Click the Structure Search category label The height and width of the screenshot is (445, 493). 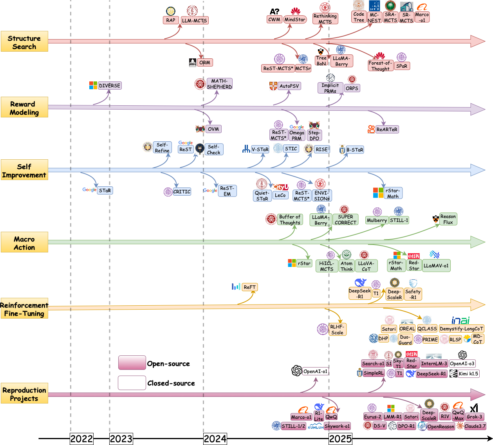pyautogui.click(x=24, y=41)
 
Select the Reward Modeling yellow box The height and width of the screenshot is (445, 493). pyautogui.click(x=24, y=107)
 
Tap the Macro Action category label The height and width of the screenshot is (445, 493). pyautogui.click(x=24, y=242)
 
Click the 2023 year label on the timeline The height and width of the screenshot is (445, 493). pyautogui.click(x=121, y=439)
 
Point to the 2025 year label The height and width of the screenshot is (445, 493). pyautogui.click(x=340, y=439)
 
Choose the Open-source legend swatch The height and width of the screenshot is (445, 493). pyautogui.click(x=132, y=363)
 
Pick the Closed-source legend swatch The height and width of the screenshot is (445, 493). pyautogui.click(x=132, y=383)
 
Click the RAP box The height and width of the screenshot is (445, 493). pyautogui.click(x=171, y=20)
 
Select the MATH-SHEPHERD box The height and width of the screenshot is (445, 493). pyautogui.click(x=219, y=84)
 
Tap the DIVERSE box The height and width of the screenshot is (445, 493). pyautogui.click(x=110, y=86)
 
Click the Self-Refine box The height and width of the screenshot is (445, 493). pyautogui.click(x=162, y=148)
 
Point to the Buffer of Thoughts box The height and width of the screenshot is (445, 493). pyautogui.click(x=290, y=220)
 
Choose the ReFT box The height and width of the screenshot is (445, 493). pyautogui.click(x=250, y=287)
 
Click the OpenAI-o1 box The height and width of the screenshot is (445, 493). pyautogui.click(x=315, y=371)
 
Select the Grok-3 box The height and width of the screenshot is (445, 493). pyautogui.click(x=474, y=417)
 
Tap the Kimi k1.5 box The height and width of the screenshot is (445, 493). pyautogui.click(x=468, y=374)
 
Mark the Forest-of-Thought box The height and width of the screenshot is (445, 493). pyautogui.click(x=380, y=66)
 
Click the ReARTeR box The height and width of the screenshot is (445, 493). pyautogui.click(x=387, y=130)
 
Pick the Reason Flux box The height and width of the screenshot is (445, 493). pyautogui.click(x=448, y=219)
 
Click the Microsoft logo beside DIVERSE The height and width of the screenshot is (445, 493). pyautogui.click(x=93, y=85)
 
